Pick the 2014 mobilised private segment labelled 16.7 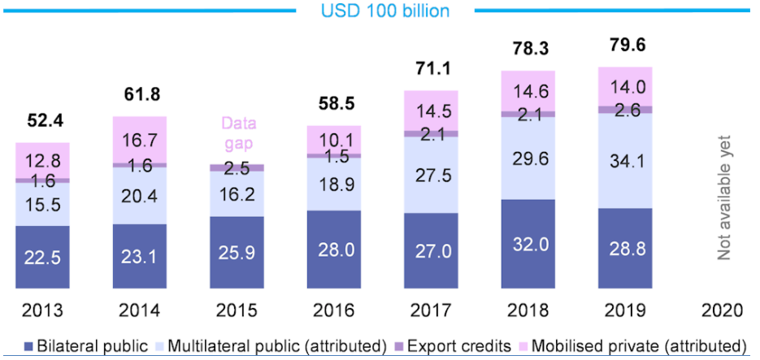(140, 139)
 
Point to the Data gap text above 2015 (237, 134)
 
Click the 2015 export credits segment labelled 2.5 (237, 167)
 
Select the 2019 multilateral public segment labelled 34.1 (624, 161)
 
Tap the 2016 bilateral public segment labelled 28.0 (333, 247)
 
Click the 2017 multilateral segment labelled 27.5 (431, 175)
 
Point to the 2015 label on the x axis (237, 311)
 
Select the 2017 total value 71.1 (431, 67)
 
